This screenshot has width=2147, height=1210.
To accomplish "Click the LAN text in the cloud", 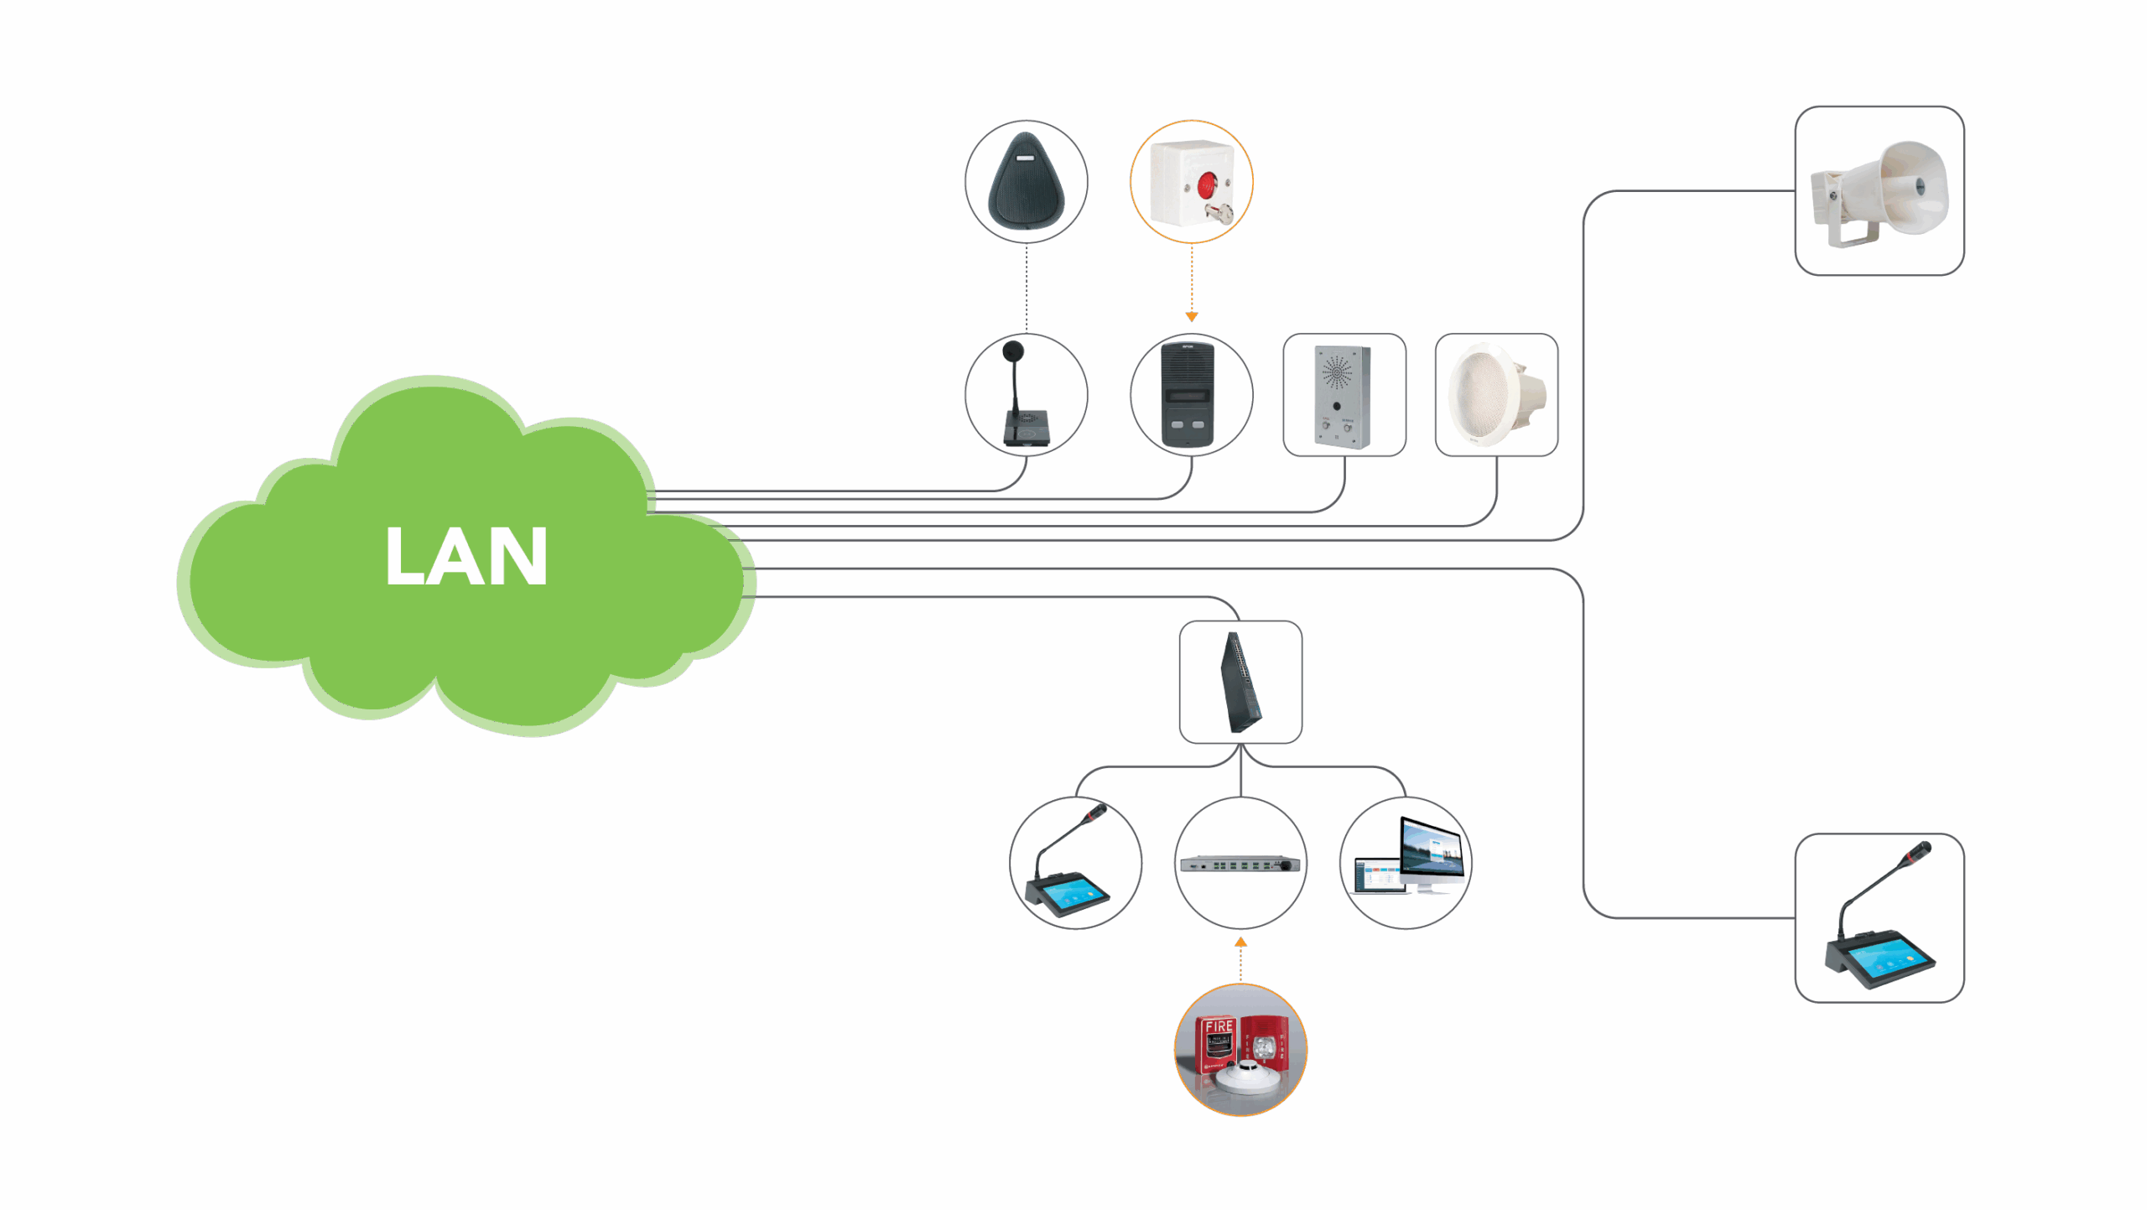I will [x=466, y=556].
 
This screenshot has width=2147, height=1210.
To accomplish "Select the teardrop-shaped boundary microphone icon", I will [x=1026, y=181].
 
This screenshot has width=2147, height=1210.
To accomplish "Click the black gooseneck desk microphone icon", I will [x=1026, y=395].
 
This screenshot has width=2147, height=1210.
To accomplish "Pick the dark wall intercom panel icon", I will [x=1191, y=395].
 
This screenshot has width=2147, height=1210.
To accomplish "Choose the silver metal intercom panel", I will [x=1344, y=395].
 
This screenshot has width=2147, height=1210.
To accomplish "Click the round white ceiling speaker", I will [x=1496, y=395].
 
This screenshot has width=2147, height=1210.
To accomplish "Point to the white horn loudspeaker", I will [x=1879, y=191].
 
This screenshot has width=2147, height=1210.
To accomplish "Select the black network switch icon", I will [x=1240, y=682].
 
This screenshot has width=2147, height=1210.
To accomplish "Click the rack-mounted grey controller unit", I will [x=1240, y=864].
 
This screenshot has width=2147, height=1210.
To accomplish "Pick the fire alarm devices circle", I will [x=1240, y=1050].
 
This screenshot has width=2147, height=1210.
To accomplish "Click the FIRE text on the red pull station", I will [x=1219, y=1026].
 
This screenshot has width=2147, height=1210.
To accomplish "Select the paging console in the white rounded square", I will [x=1879, y=918].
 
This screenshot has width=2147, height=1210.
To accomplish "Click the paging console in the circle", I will [x=1075, y=864].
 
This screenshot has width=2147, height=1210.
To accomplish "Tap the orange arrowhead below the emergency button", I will [x=1191, y=317].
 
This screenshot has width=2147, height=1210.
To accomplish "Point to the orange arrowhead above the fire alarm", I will [x=1240, y=943].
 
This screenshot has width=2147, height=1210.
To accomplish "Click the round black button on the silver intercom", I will [x=1337, y=406].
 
